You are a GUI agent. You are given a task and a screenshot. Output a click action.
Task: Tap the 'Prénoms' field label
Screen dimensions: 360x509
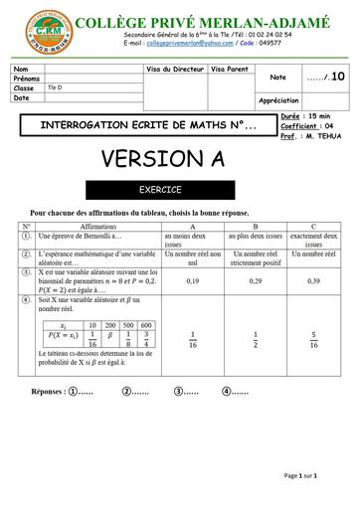click(27, 78)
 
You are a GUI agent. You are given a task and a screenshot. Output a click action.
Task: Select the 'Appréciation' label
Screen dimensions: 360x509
click(278, 99)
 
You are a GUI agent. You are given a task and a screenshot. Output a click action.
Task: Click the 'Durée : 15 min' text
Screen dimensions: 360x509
click(304, 117)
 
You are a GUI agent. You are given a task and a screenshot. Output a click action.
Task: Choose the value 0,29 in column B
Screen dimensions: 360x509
click(256, 280)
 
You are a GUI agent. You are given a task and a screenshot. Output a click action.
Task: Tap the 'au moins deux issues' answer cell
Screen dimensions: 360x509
click(192, 240)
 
